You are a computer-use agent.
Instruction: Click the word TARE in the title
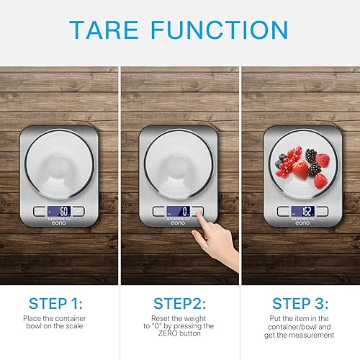[x=104, y=30]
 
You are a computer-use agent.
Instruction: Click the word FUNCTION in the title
[x=220, y=30]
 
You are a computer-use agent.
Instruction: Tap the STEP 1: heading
[x=55, y=303]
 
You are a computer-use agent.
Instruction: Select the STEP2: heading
[x=179, y=303]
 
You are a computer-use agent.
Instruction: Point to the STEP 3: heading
[x=300, y=303]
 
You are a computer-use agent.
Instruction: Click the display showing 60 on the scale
[x=59, y=212]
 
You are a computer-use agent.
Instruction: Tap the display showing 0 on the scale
[x=179, y=212]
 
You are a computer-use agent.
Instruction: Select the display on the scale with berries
[x=303, y=212]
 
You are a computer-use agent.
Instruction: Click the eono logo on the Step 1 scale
[x=58, y=223]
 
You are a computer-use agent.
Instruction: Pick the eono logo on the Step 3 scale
[x=302, y=223]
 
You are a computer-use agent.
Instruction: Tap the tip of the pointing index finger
[x=198, y=212]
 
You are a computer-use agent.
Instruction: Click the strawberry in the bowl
[x=300, y=170]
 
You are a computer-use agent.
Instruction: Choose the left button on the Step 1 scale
[x=40, y=212]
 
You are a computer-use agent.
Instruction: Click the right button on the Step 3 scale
[x=322, y=212]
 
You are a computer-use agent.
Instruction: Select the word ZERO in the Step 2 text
[x=168, y=333]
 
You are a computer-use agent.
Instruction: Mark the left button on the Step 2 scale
[x=158, y=212]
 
